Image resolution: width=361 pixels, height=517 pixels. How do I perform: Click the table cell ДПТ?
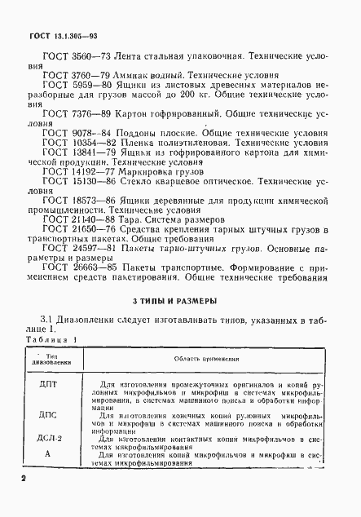point(48,381)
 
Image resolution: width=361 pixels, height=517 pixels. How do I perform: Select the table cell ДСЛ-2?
point(49,438)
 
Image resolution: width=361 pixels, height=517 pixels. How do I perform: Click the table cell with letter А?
point(48,453)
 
